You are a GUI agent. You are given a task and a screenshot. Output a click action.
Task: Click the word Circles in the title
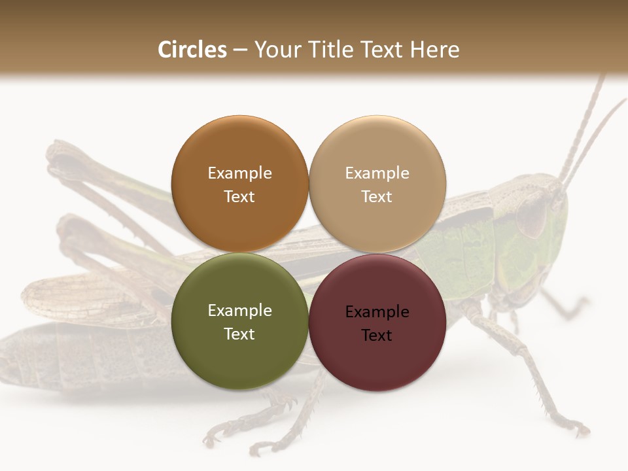[x=192, y=50]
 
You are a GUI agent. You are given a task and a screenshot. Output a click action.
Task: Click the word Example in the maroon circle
[x=377, y=312]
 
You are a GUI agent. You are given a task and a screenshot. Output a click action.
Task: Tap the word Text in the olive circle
[x=239, y=334]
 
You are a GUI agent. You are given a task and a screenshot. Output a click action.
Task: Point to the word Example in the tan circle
[x=377, y=173]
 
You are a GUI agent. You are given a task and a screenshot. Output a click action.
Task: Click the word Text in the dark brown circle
[x=239, y=196]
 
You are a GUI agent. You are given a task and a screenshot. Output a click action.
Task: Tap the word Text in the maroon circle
[x=377, y=335]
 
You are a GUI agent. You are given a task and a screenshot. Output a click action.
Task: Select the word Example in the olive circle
[x=239, y=311]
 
